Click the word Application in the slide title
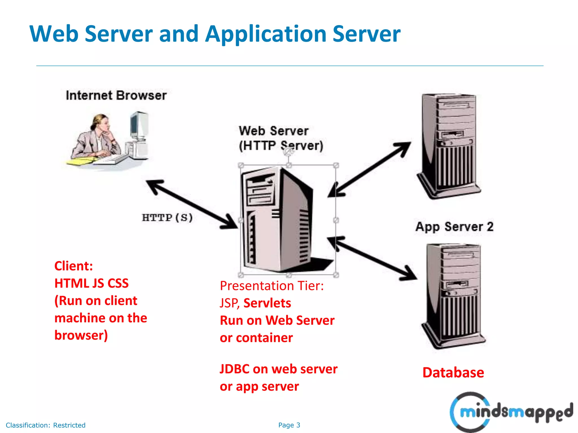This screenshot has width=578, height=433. (265, 34)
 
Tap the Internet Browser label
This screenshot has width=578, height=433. (116, 96)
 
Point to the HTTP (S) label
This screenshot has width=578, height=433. (167, 218)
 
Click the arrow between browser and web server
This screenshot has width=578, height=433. (192, 204)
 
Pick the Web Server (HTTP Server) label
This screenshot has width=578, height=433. (281, 138)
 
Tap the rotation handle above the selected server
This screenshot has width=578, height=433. (288, 153)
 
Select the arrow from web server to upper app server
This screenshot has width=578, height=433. (370, 169)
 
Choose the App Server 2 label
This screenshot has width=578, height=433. (454, 227)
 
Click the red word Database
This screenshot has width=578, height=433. (453, 373)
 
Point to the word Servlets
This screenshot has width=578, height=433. (267, 303)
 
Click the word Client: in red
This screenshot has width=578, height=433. (74, 266)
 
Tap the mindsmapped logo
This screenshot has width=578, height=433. (511, 412)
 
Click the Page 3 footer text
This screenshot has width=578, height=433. (289, 425)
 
